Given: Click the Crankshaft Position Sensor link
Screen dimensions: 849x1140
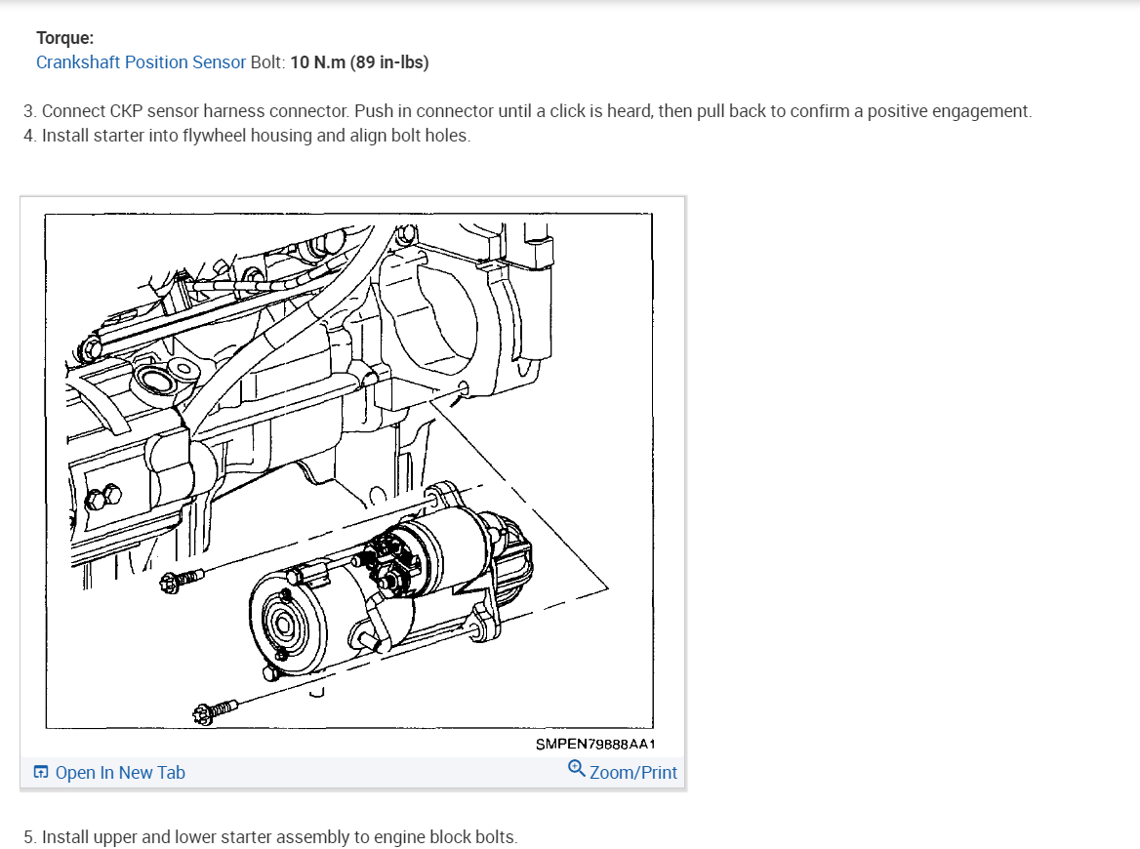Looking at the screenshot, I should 141,62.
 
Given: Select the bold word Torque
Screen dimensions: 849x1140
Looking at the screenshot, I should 64,38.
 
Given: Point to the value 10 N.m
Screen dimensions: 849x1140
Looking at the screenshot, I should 318,62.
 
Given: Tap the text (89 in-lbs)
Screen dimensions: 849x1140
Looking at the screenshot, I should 389,62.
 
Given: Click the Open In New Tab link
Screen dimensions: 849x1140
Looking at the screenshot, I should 120,773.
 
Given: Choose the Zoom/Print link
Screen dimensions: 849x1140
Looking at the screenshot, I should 632,773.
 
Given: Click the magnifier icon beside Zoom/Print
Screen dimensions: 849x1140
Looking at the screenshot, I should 576,769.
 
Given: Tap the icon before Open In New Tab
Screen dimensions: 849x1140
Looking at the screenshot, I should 41,773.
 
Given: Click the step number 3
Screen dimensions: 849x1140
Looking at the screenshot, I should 28,111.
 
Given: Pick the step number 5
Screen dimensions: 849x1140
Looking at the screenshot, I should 29,837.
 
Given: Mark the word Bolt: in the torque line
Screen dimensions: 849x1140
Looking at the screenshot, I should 267,62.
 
